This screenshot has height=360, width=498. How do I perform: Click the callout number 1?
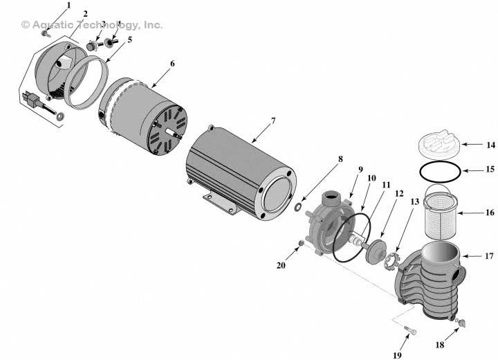[x=68, y=6]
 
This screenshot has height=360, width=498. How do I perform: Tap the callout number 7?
[x=273, y=120]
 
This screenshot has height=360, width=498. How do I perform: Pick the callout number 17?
[x=489, y=256]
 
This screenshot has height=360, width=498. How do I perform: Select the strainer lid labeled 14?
[x=439, y=147]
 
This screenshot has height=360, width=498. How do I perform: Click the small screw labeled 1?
[x=46, y=33]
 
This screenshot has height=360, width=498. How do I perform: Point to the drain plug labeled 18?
[x=460, y=321]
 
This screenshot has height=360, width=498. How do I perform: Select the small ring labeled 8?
[x=297, y=207]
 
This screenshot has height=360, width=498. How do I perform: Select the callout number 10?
[x=371, y=178]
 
